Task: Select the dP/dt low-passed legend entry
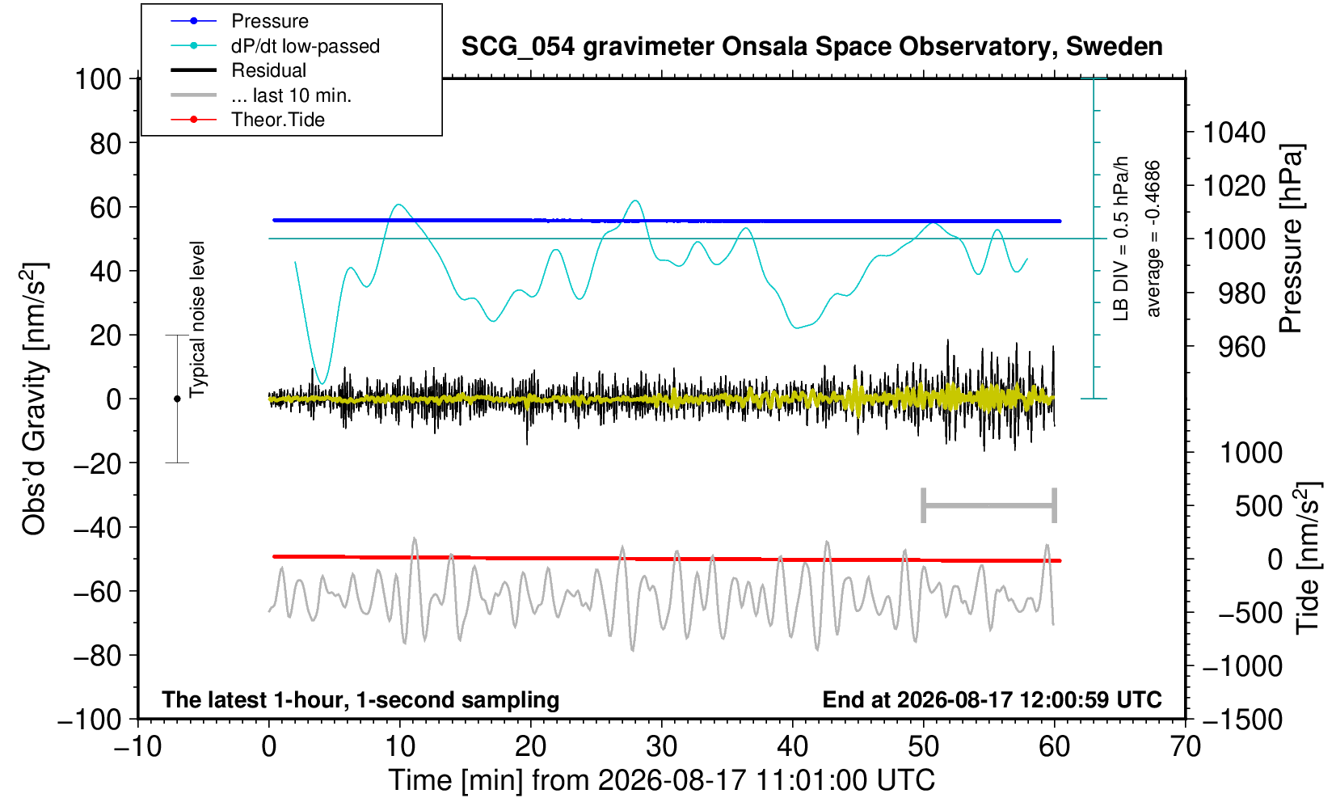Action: point(275,46)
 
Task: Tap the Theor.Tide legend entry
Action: point(247,120)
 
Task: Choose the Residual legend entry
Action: point(238,70)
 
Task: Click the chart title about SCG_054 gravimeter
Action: point(811,47)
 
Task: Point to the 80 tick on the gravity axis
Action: point(106,143)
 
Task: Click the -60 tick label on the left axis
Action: point(98,592)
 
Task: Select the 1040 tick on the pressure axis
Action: point(1234,132)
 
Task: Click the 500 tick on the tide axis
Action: point(1258,506)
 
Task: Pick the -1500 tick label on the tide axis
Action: point(1242,720)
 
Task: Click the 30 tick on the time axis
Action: point(661,746)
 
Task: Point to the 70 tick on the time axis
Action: point(1185,746)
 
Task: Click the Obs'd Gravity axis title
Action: point(34,399)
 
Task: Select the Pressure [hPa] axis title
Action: point(1291,239)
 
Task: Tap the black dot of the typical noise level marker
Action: point(177,399)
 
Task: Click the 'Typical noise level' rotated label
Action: point(197,319)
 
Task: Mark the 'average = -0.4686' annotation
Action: point(1153,239)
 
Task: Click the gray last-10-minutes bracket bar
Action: point(989,505)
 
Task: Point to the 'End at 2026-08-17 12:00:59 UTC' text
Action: point(992,699)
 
